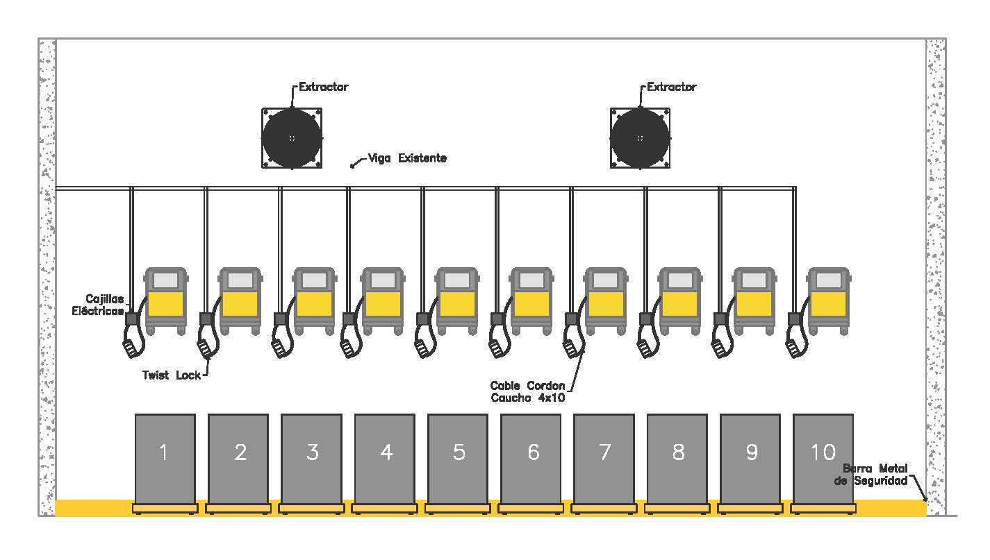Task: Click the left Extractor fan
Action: (292, 138)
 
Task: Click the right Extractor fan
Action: (640, 138)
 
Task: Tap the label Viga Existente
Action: (407, 158)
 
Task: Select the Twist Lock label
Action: (172, 375)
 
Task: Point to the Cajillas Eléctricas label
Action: (98, 305)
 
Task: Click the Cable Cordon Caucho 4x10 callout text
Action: (528, 391)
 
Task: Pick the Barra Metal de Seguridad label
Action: (871, 475)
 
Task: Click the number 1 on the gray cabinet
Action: (163, 452)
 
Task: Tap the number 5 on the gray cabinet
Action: (459, 452)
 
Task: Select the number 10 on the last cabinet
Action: (823, 452)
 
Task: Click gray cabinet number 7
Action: (604, 459)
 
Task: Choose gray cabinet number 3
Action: (311, 459)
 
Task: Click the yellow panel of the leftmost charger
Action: (166, 304)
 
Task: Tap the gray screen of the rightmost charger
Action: (829, 280)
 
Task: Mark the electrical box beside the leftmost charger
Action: (131, 319)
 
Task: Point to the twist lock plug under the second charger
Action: (205, 349)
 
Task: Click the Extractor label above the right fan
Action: (671, 87)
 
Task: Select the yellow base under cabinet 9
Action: (750, 509)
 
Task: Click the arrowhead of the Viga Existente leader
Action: (352, 166)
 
